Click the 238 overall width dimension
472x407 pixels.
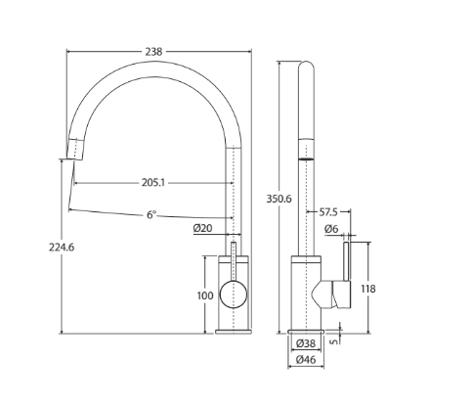(153, 52)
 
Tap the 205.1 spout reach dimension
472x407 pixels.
(153, 183)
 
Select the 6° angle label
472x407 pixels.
(151, 214)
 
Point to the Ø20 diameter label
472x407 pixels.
(202, 228)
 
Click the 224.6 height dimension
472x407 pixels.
(62, 248)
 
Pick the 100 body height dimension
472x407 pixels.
(205, 295)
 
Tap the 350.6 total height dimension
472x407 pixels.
(279, 199)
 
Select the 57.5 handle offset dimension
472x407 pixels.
(328, 212)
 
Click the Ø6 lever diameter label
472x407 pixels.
(331, 229)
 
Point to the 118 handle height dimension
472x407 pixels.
(368, 289)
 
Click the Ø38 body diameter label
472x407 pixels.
(306, 343)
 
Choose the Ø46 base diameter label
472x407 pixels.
(306, 360)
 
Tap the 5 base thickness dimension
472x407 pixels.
(334, 341)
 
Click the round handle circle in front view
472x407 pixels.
(234, 294)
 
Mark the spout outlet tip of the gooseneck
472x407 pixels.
(74, 159)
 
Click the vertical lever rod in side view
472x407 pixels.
(347, 261)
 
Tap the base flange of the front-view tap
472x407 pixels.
(234, 332)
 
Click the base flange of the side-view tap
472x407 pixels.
(306, 332)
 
